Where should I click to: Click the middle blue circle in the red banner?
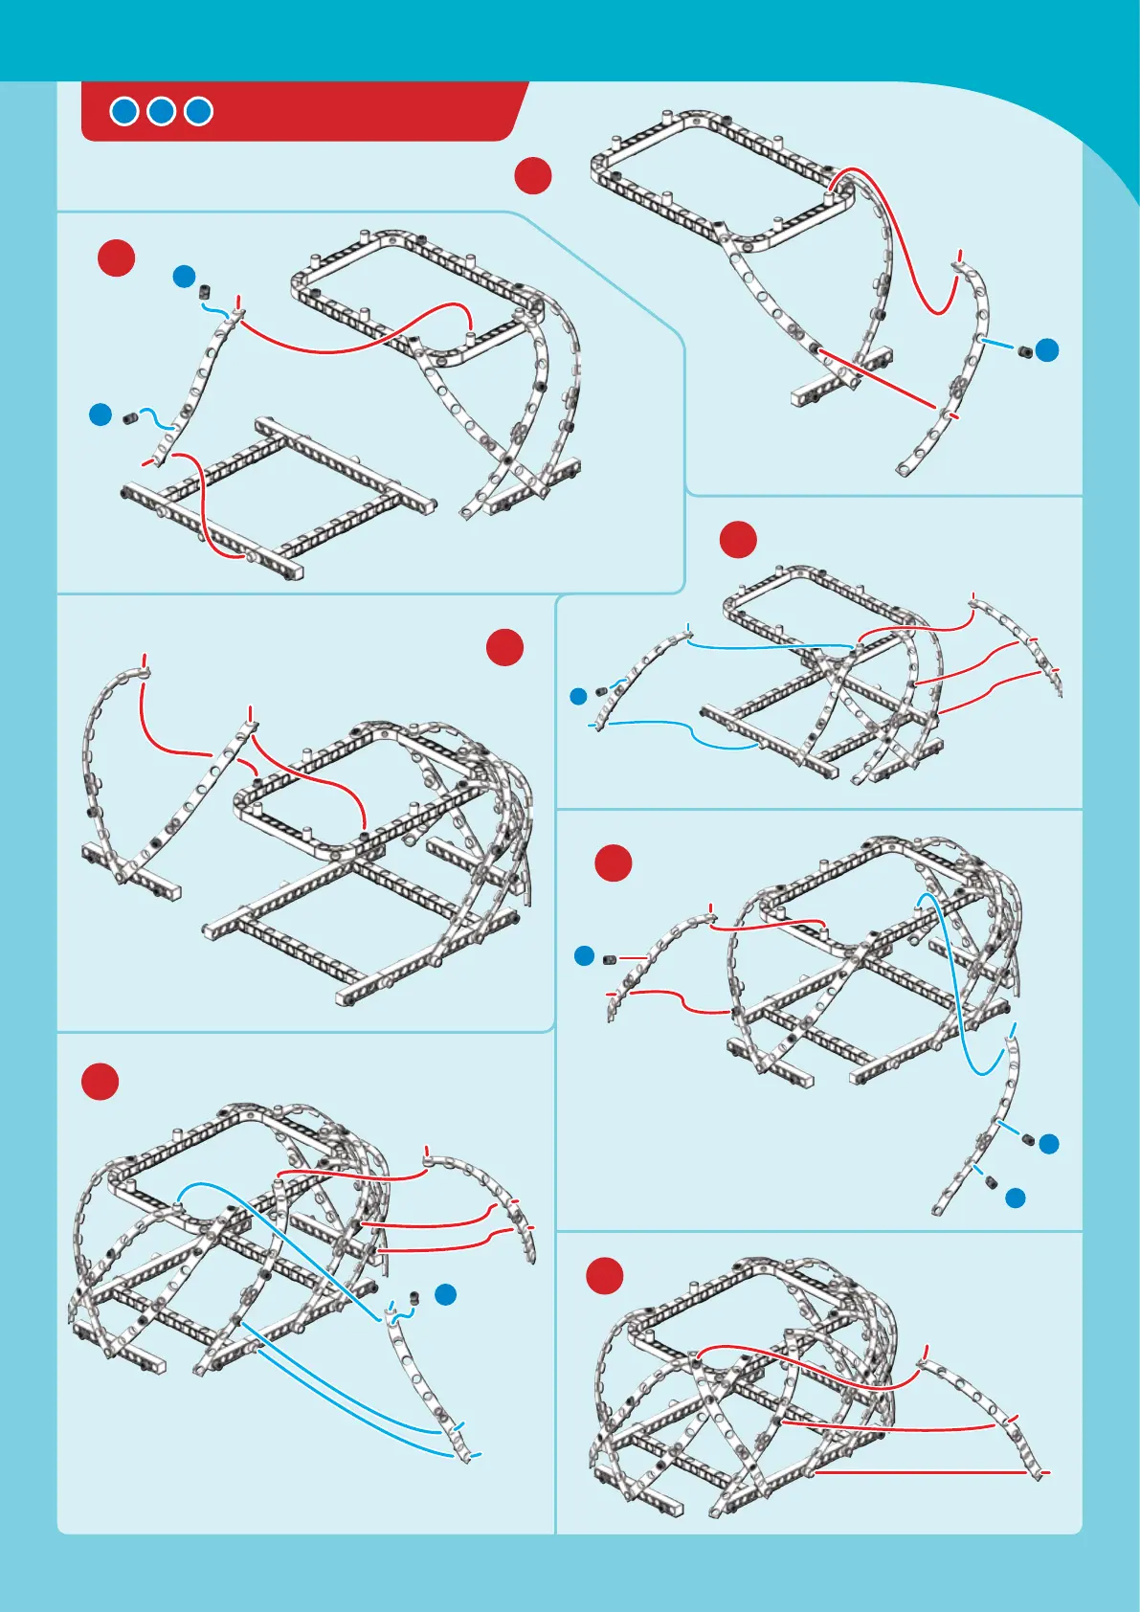[161, 112]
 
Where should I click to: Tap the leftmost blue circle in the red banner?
[124, 112]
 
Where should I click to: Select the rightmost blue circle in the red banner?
[198, 112]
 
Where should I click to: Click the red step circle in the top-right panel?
[533, 176]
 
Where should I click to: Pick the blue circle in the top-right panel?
[1048, 350]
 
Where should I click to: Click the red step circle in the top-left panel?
[117, 258]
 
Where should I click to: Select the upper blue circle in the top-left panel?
[185, 278]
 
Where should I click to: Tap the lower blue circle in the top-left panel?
[101, 415]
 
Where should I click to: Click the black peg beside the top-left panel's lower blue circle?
[130, 417]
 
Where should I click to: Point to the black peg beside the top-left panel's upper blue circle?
[205, 290]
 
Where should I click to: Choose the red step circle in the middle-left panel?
[504, 648]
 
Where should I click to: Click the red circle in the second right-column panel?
[738, 540]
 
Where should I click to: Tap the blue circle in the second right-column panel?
[578, 696]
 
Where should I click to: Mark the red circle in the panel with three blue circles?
[614, 863]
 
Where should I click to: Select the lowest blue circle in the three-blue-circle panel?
[1016, 1198]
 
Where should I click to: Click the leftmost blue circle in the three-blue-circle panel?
[585, 955]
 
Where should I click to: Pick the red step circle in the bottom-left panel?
[100, 1082]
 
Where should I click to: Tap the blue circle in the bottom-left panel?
[445, 1295]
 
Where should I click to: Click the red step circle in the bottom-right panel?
[605, 1276]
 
